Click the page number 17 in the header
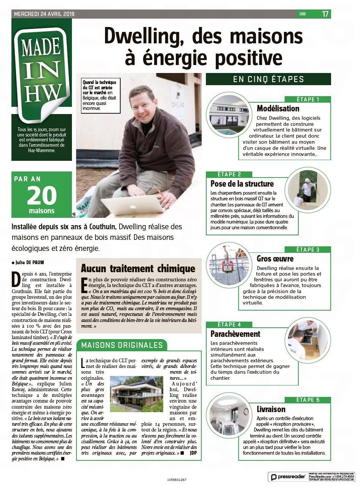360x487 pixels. (x=325, y=14)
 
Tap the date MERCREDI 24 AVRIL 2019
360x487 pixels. (x=44, y=14)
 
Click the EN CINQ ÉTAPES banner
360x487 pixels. (x=268, y=79)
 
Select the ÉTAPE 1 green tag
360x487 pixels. (x=308, y=100)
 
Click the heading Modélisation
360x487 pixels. (x=278, y=108)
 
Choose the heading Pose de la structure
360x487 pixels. (x=242, y=184)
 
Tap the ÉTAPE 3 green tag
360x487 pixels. (x=308, y=250)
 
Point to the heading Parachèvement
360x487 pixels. (x=235, y=334)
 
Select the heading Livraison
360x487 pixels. (x=271, y=409)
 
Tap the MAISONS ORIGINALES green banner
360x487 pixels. (x=122, y=345)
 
